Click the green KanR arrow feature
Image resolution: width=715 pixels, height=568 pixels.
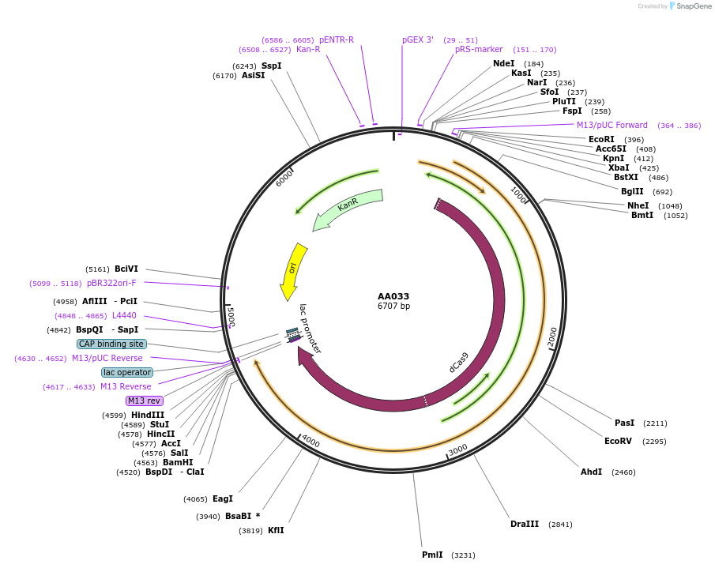coord(348,209)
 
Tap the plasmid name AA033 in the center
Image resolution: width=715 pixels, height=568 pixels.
coord(393,296)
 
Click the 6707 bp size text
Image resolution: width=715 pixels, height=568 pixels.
coord(393,307)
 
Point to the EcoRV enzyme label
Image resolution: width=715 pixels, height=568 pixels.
coord(618,441)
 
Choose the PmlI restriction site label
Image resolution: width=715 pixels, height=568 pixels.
coord(432,555)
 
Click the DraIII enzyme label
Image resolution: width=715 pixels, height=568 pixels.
coord(525,524)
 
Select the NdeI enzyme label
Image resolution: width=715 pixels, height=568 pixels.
coord(503,63)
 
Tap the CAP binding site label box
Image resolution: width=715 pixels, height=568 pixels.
coord(111,344)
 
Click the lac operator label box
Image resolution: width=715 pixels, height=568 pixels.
coord(127,372)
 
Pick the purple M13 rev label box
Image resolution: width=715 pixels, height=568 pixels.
coord(144,401)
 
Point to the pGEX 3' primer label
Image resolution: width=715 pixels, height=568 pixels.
coord(417,39)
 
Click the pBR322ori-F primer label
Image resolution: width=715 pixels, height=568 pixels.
coord(111,283)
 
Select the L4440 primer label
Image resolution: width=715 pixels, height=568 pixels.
coord(124,315)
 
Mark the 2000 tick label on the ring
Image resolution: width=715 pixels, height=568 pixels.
coord(552,337)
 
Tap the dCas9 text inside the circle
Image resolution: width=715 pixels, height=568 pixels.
coord(459,362)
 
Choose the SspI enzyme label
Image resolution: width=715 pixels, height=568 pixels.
coord(271,66)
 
